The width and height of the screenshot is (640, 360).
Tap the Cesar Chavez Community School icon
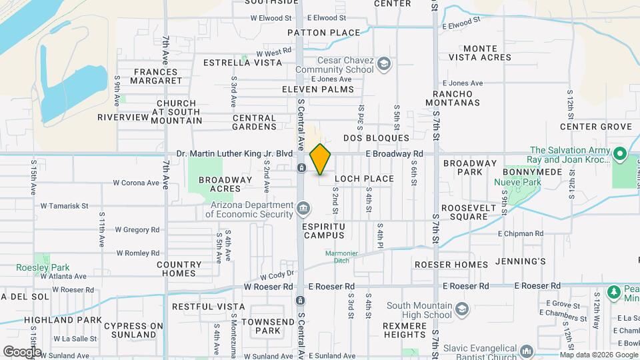[383, 64]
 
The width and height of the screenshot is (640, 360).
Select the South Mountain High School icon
[461, 309]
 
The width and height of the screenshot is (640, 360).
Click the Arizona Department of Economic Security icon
[303, 209]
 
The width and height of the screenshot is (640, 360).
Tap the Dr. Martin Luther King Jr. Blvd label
[235, 153]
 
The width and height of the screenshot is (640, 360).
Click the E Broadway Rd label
[395, 153]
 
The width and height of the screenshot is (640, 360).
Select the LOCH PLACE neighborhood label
[364, 179]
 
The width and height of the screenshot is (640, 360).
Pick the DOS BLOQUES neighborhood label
[376, 138]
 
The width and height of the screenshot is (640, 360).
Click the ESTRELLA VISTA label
[243, 63]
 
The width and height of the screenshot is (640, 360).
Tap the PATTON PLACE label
[323, 33]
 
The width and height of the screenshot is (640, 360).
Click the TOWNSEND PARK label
[260, 326]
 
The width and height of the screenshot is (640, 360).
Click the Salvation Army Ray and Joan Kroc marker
[620, 155]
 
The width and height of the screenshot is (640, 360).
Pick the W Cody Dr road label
[277, 275]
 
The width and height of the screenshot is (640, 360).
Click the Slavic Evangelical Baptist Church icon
[526, 351]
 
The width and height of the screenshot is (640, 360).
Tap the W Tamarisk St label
[65, 206]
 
